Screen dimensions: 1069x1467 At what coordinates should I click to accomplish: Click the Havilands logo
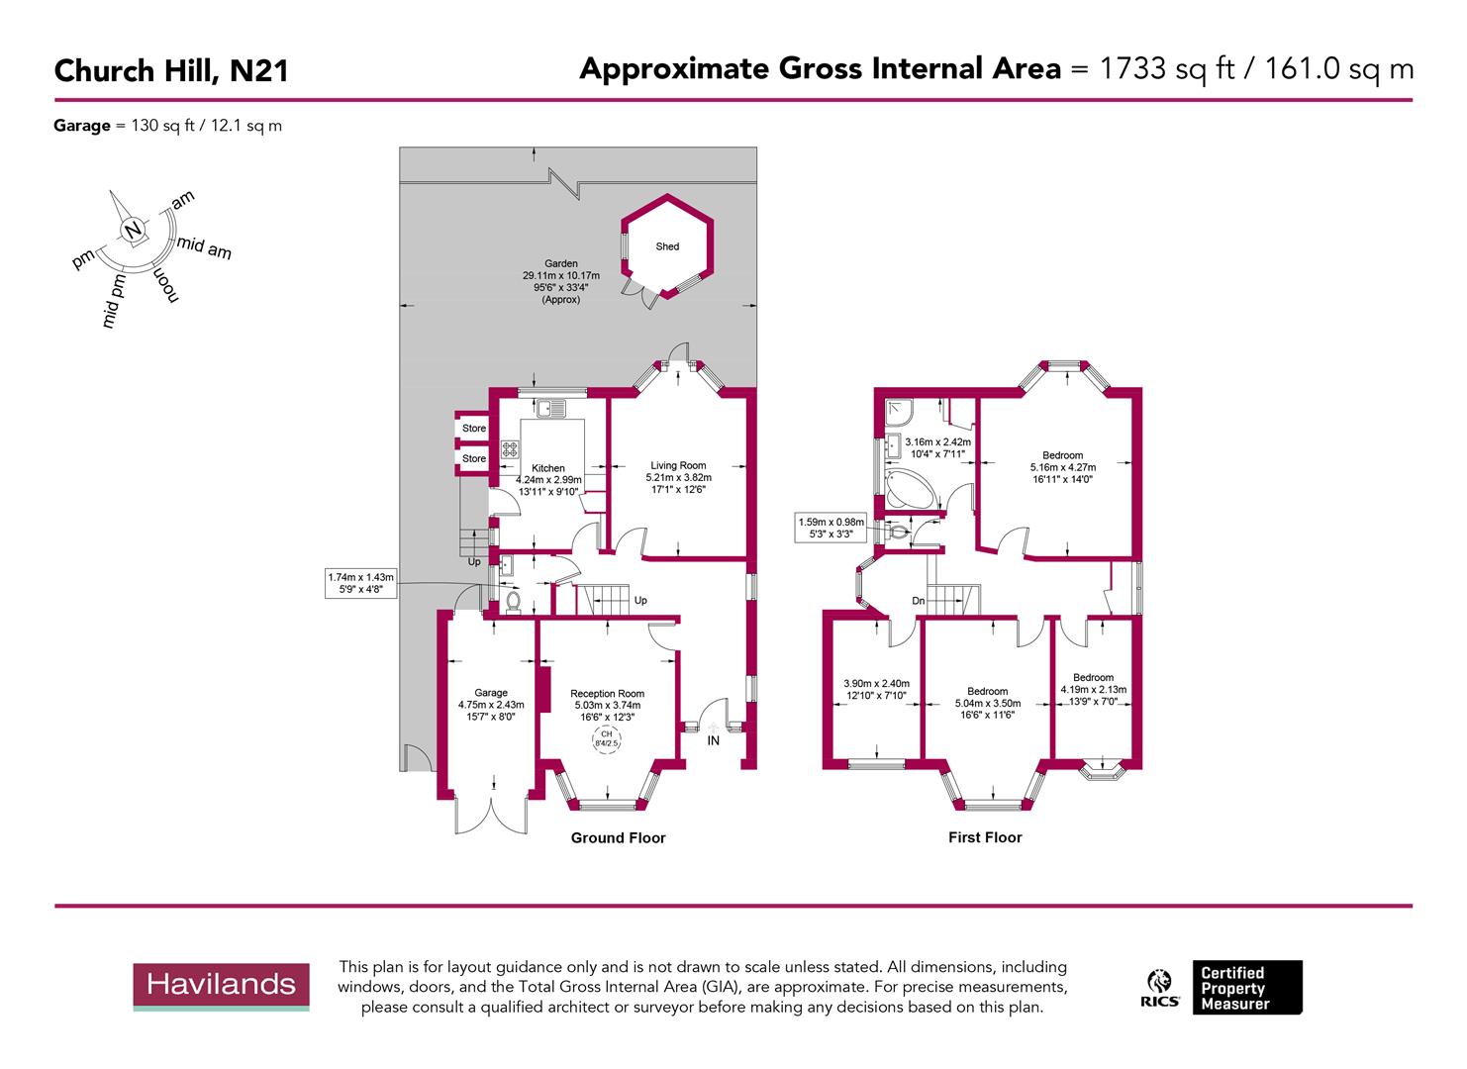point(221,985)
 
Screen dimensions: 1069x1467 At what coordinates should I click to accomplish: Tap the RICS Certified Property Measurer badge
point(1223,987)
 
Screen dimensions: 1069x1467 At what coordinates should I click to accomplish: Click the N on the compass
point(133,231)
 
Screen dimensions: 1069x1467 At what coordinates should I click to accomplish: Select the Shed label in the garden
point(667,246)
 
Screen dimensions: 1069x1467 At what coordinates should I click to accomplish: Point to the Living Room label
point(678,465)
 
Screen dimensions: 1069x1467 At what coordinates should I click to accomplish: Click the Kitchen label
point(548,468)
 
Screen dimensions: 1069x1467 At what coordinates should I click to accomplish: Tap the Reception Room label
point(607,694)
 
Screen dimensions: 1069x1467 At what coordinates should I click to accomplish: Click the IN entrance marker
point(713,739)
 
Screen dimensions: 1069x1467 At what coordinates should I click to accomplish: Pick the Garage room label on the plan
point(490,693)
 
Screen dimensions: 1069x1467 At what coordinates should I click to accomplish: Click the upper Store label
point(474,429)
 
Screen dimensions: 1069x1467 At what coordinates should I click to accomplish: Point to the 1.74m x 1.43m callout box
point(360,583)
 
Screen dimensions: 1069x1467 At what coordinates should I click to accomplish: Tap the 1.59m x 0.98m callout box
point(831,528)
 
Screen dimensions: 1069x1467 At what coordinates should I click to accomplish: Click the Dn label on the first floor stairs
point(919,601)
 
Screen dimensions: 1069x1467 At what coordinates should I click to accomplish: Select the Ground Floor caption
point(618,837)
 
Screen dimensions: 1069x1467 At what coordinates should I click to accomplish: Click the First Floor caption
point(984,837)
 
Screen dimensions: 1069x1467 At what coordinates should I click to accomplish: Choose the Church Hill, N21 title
point(171,71)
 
